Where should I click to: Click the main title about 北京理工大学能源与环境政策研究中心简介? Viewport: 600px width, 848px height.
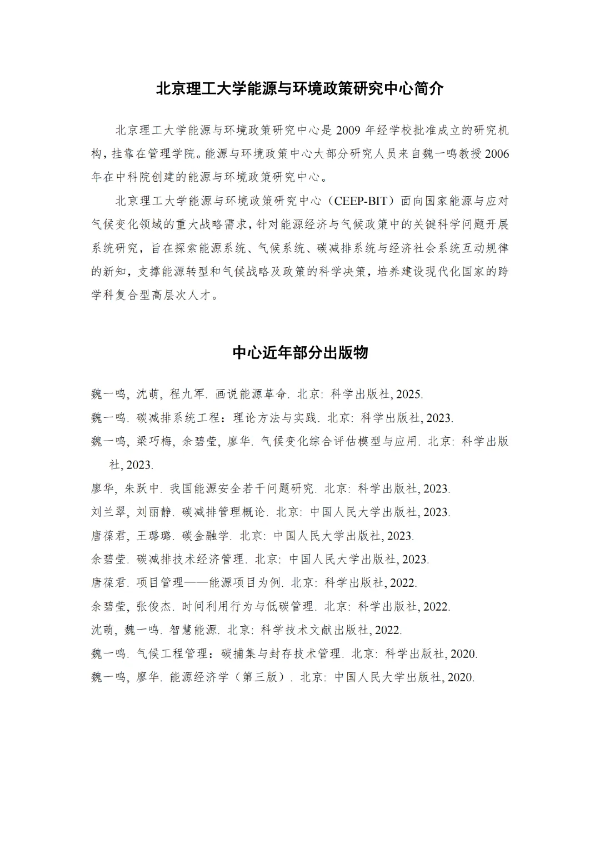pyautogui.click(x=299, y=89)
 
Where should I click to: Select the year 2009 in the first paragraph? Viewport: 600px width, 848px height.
pyautogui.click(x=348, y=131)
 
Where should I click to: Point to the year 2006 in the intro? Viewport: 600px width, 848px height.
pyautogui.click(x=497, y=154)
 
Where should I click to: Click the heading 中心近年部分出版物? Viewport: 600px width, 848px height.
pyautogui.click(x=300, y=352)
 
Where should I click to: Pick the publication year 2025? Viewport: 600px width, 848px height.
pyautogui.click(x=409, y=395)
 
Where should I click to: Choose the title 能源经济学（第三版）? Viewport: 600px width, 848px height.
pyautogui.click(x=227, y=677)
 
